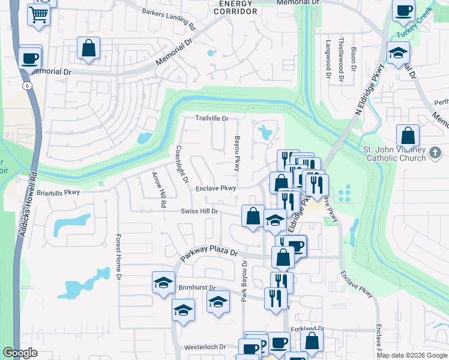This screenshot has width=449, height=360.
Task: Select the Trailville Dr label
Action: coord(212,118)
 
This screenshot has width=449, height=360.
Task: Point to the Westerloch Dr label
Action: coord(205,347)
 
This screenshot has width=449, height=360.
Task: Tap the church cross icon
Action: coord(436,154)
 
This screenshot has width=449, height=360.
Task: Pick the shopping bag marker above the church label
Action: coord(408,136)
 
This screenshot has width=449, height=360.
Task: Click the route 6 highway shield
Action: coord(28,86)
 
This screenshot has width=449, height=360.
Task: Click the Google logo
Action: coord(20,353)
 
